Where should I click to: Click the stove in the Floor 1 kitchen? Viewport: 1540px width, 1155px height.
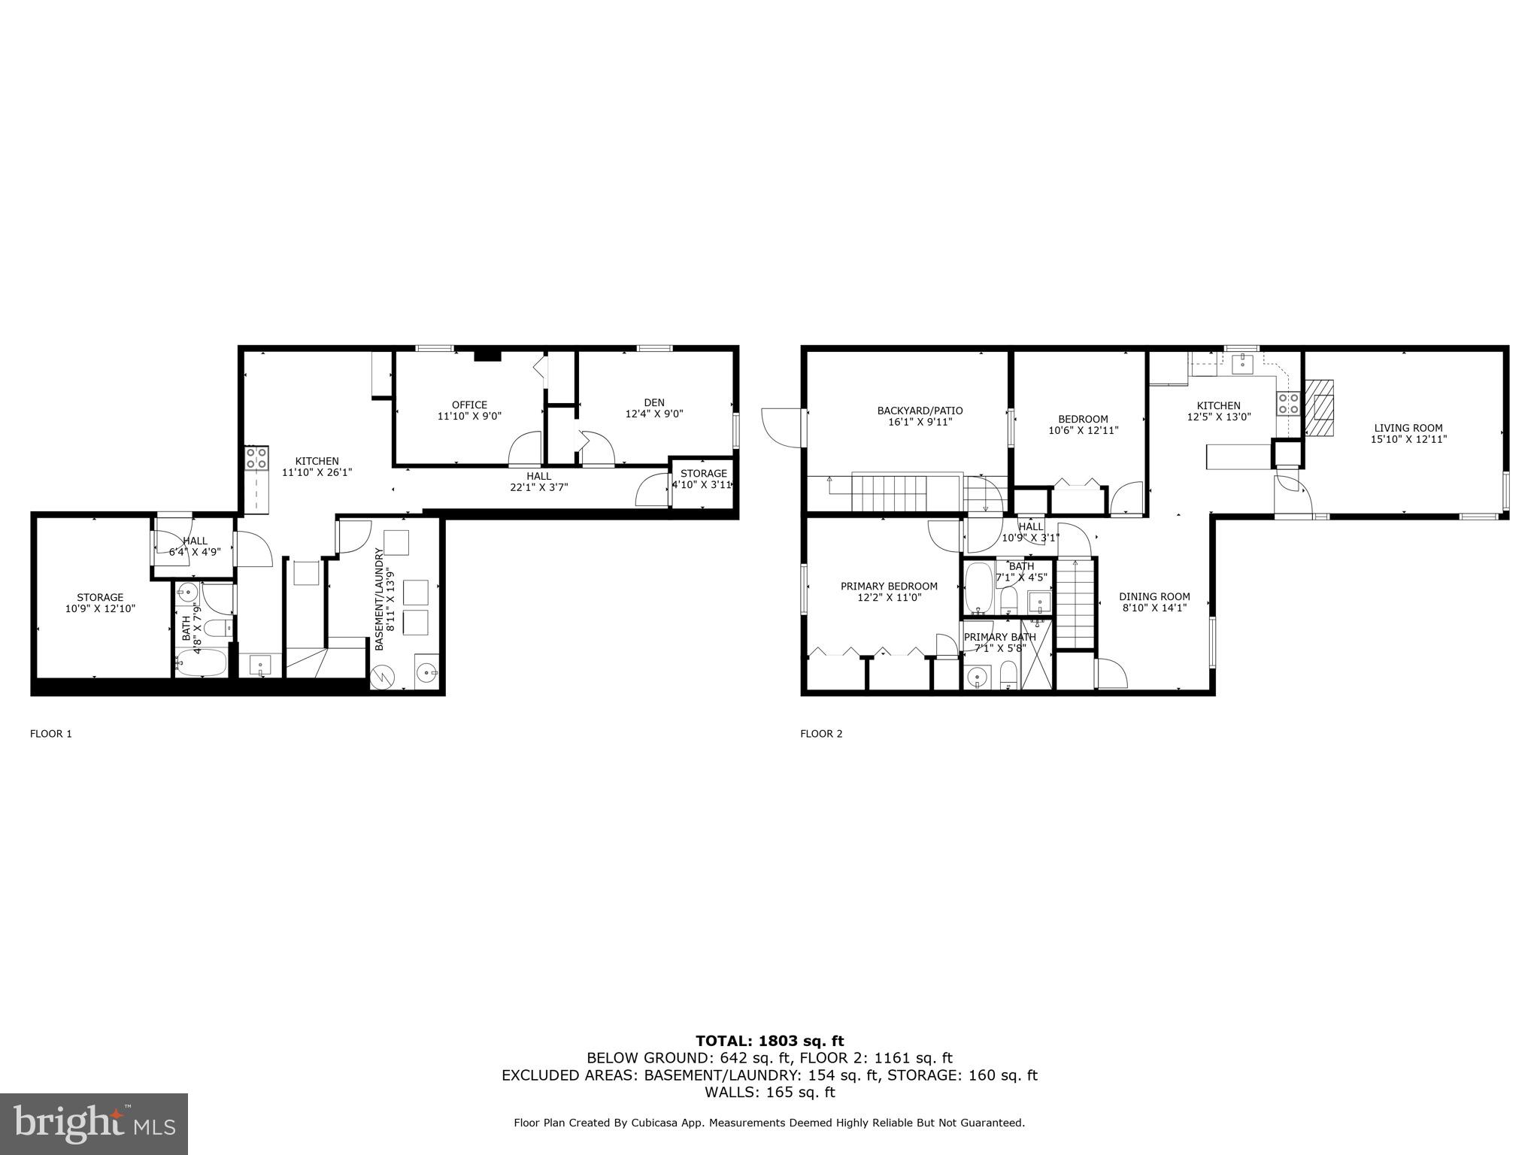point(256,458)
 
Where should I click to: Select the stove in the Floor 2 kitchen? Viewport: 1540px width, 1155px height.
point(1288,404)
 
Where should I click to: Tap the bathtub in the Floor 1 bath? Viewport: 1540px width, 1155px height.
point(201,664)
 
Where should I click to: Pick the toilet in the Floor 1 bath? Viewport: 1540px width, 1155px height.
point(219,628)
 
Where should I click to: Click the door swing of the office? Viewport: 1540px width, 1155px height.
point(525,448)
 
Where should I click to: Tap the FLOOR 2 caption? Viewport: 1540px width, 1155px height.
point(821,734)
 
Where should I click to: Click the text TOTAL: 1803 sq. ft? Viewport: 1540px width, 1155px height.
point(769,1041)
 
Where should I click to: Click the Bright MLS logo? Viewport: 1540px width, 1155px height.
point(94,1123)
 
